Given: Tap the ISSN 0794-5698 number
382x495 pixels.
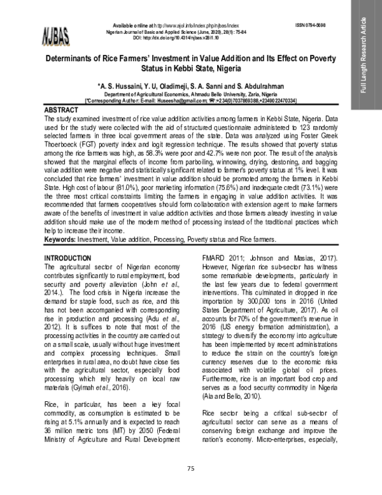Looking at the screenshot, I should pos(310,24).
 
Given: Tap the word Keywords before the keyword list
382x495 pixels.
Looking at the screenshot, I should pos(61,240).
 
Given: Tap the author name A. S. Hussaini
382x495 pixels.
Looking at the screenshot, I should pos(120,85).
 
